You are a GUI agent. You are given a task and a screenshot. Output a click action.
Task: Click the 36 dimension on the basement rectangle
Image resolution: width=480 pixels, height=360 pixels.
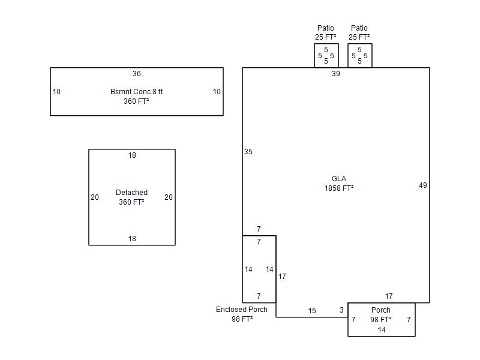(x=137, y=73)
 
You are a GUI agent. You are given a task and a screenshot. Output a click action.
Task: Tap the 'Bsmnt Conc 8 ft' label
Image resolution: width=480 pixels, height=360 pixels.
(x=137, y=92)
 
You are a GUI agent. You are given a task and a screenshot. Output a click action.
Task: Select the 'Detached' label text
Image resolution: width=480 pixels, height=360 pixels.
(x=131, y=192)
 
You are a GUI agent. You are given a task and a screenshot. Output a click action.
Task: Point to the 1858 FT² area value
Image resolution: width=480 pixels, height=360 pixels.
(x=339, y=188)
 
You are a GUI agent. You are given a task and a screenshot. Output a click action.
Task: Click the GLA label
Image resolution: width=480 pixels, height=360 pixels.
(x=339, y=178)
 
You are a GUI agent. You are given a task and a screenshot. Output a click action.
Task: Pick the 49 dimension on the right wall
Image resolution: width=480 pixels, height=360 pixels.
(x=423, y=185)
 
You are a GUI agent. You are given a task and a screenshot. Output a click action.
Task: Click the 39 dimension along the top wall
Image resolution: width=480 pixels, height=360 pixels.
(x=336, y=73)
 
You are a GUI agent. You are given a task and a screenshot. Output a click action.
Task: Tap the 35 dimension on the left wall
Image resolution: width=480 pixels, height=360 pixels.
(x=248, y=152)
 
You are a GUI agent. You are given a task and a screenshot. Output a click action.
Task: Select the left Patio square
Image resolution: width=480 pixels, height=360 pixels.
(x=326, y=55)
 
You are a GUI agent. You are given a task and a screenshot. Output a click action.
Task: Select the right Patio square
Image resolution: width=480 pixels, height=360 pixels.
(x=360, y=55)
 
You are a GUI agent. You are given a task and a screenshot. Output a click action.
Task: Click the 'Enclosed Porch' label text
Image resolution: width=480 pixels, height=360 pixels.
(x=242, y=310)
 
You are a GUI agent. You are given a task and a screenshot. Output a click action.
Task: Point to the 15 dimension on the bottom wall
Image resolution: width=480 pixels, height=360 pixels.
(x=312, y=311)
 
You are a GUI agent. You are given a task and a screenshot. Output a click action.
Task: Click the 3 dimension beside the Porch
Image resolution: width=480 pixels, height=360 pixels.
(x=341, y=310)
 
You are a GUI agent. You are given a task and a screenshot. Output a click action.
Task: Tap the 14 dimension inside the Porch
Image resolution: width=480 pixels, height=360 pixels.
(x=382, y=329)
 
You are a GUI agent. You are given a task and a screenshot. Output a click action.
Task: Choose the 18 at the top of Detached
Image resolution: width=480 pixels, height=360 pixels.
(x=132, y=155)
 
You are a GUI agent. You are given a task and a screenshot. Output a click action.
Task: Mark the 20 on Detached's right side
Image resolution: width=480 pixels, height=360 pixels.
(x=169, y=197)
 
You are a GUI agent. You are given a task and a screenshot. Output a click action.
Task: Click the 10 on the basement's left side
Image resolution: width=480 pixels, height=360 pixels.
(x=56, y=92)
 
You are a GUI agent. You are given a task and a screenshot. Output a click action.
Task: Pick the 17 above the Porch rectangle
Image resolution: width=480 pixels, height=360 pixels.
(x=389, y=296)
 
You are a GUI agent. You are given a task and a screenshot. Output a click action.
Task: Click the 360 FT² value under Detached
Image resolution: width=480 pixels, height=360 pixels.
(x=131, y=202)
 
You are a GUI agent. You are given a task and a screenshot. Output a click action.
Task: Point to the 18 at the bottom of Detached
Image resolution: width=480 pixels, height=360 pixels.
(x=132, y=238)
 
